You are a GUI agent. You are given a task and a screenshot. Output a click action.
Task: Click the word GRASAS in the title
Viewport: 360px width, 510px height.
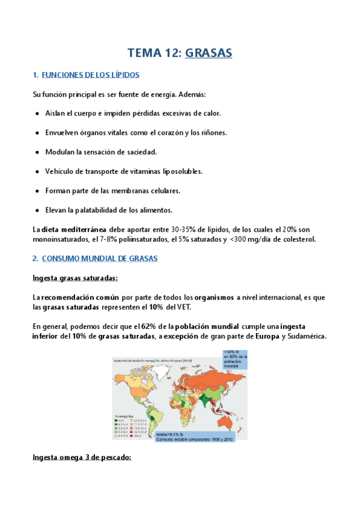click(x=209, y=53)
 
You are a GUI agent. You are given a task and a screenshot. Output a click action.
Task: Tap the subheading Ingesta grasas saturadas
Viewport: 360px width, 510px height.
click(x=75, y=278)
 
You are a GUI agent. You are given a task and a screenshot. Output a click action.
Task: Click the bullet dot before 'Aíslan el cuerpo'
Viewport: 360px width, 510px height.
click(x=38, y=113)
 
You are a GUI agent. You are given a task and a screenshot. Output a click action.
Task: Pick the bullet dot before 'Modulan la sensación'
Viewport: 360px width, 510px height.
click(x=38, y=152)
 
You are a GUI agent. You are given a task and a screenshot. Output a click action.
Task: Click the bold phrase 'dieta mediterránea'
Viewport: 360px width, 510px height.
click(x=75, y=230)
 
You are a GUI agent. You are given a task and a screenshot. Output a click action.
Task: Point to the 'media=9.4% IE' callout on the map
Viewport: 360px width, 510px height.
click(x=193, y=436)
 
